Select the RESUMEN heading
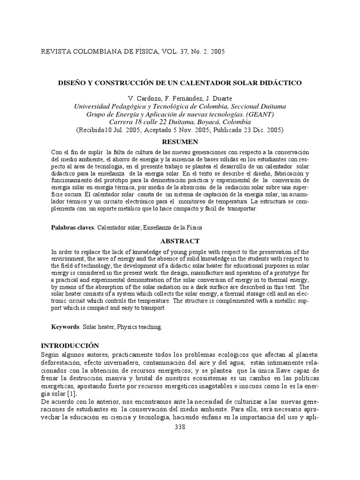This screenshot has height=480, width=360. click(180, 142)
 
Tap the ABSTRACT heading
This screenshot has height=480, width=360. click(180, 241)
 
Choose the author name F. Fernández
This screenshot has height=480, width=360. click(176, 98)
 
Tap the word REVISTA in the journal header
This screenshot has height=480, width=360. click(58, 51)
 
